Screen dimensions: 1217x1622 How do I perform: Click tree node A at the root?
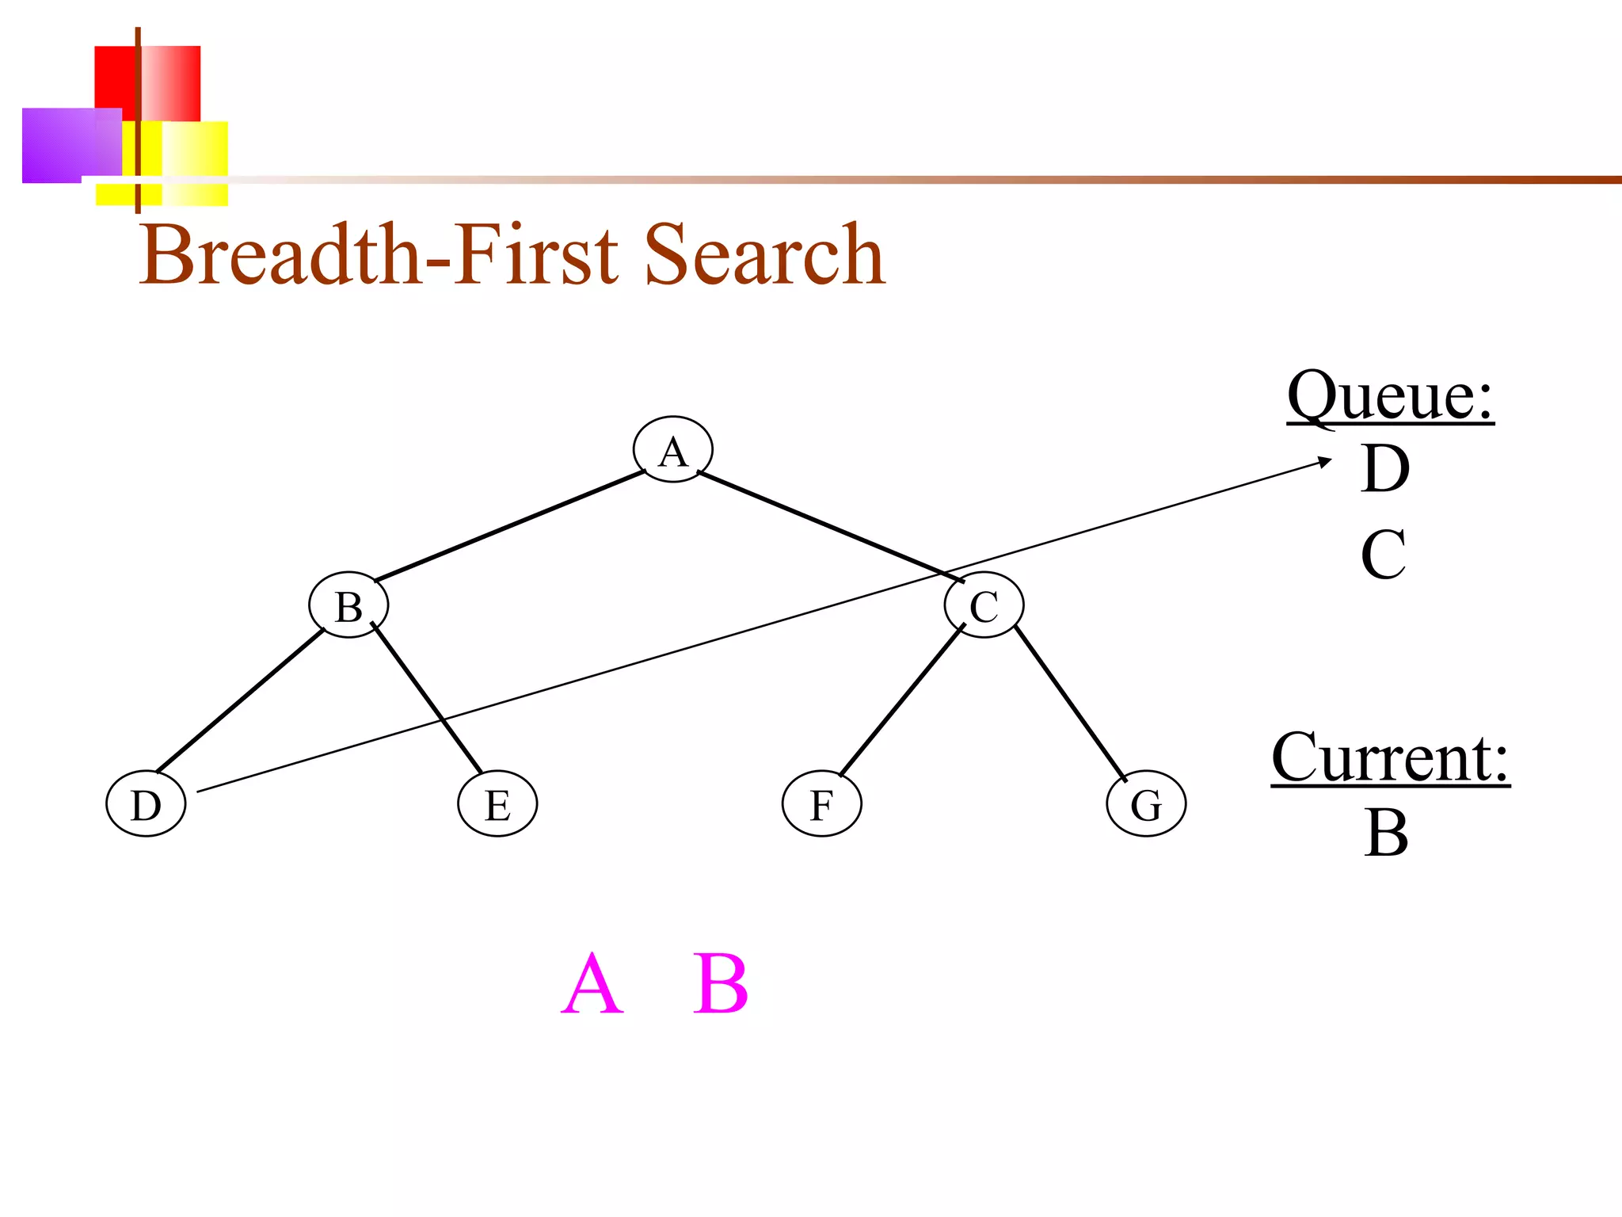coord(672,450)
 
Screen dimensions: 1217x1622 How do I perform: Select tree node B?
coord(348,606)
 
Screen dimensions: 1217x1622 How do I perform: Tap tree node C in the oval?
coord(984,606)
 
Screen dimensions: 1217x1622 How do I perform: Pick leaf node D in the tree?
coord(146,804)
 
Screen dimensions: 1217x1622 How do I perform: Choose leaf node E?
coord(497,804)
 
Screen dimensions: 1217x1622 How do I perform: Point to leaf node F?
coord(821,804)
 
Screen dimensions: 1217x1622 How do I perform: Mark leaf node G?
coord(1146,804)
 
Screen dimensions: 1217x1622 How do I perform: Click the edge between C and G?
coord(1069,702)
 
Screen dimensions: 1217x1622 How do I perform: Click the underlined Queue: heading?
coord(1390,395)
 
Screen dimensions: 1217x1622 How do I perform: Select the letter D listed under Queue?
coord(1385,469)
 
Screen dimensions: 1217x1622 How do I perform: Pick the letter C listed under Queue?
coord(1384,555)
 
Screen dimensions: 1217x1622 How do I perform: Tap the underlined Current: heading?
coord(1390,757)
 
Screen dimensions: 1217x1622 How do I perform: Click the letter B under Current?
coord(1386,833)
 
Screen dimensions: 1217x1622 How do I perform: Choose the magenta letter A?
coord(592,984)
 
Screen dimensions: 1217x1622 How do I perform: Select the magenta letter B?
coord(720,984)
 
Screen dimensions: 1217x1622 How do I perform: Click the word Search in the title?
coord(764,254)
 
